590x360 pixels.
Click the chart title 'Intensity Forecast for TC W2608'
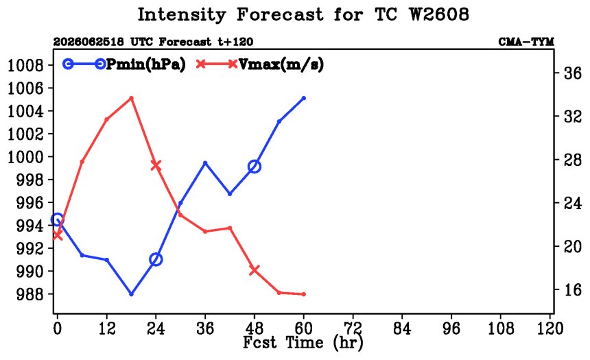point(303,15)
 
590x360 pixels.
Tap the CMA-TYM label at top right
point(526,41)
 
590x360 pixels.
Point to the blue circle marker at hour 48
point(255,166)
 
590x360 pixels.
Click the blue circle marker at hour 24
point(156,259)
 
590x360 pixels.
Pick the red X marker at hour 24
point(156,165)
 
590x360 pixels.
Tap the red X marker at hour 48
point(255,270)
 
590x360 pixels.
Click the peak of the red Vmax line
point(131,98)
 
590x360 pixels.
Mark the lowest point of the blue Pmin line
point(131,294)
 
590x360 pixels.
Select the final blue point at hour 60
point(304,98)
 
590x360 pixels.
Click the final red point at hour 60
point(304,294)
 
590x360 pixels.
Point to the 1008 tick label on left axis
point(25,65)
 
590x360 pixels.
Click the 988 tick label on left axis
point(30,294)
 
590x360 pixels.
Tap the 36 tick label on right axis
point(573,73)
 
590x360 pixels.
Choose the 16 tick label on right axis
point(573,290)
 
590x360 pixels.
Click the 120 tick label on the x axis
point(550,328)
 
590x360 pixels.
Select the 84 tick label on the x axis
point(402,328)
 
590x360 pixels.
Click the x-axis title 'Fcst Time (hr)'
point(303,343)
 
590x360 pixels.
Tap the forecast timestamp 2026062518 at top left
point(88,41)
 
